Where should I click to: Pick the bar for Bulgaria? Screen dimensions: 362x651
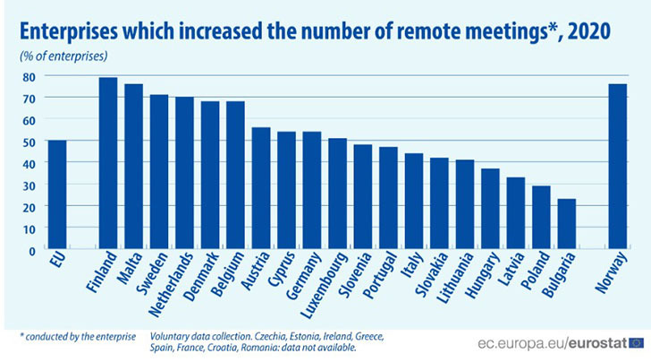click(x=567, y=224)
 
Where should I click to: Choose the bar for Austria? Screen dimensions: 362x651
click(x=261, y=188)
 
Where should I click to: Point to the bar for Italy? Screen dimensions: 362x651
click(x=414, y=202)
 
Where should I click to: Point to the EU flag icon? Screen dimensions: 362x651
click(x=636, y=341)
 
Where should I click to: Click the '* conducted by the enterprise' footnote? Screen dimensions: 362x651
click(x=77, y=335)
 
